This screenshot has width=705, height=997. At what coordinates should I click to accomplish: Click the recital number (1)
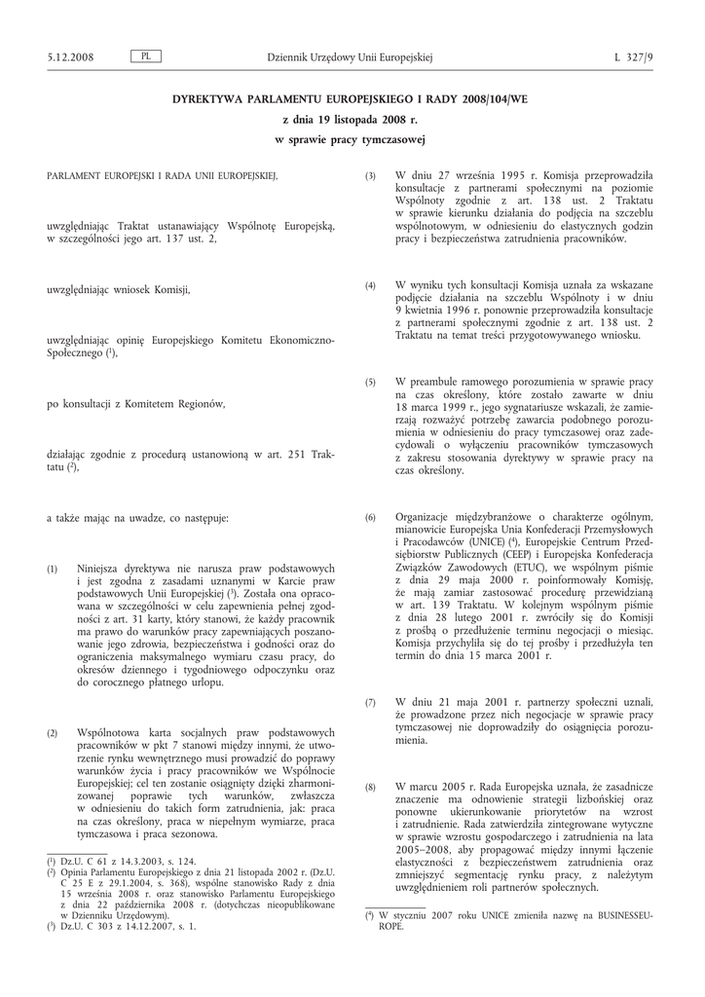point(53,568)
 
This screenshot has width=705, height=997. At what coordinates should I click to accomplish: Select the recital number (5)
point(370,383)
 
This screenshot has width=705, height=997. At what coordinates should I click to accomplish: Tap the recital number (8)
point(370,786)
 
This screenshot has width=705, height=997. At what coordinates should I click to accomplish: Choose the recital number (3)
point(370,175)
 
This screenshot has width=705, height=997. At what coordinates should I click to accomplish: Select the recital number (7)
point(370,702)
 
